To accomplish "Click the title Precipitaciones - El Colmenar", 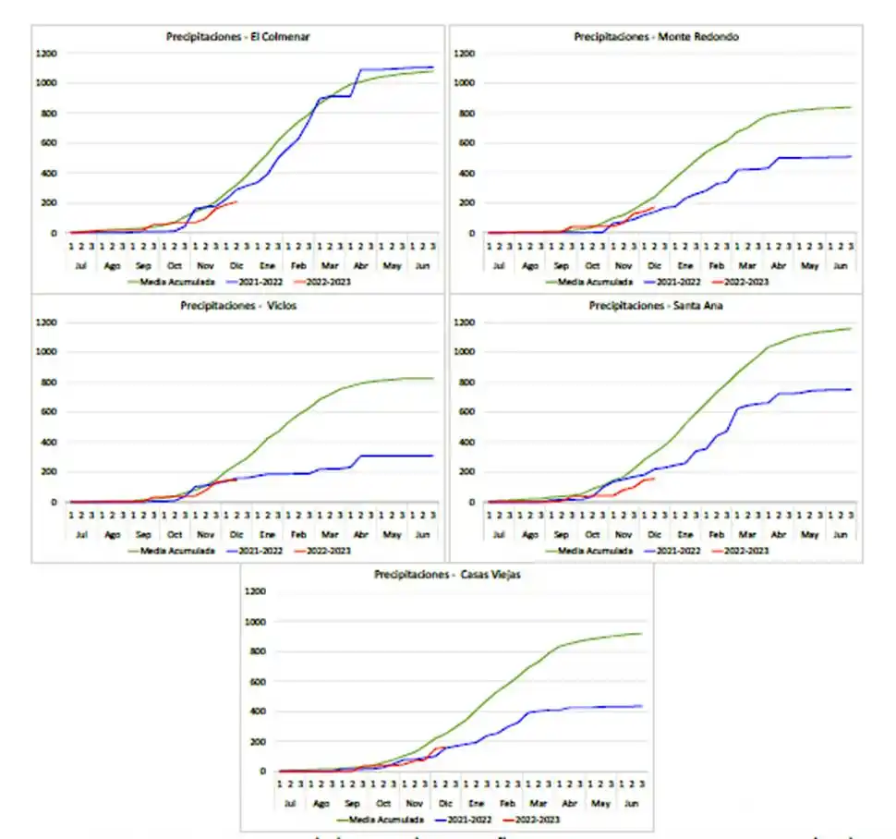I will tap(238, 37).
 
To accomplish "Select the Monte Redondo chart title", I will tap(656, 37).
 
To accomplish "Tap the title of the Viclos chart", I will tap(238, 306).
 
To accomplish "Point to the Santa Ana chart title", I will tap(656, 306).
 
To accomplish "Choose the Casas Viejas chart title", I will tap(447, 575).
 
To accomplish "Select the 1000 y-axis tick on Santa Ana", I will tap(465, 353).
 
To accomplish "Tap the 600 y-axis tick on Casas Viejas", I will tap(260, 682).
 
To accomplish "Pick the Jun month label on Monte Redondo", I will tap(841, 265).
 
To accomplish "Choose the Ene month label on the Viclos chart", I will tap(268, 534).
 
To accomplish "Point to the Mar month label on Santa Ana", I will tap(746, 534).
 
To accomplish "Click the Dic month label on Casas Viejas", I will tap(445, 803).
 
